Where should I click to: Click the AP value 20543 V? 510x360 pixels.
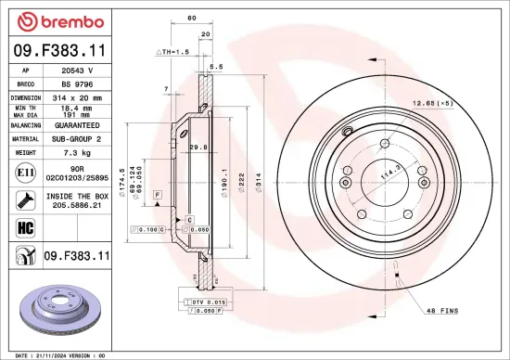tap(77, 70)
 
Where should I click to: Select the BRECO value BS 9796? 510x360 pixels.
tap(77, 83)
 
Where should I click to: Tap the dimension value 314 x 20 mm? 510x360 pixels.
tap(77, 96)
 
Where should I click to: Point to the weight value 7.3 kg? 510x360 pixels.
tap(77, 150)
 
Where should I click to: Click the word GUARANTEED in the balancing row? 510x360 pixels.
tap(78, 123)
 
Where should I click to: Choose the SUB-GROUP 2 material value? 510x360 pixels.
tap(77, 136)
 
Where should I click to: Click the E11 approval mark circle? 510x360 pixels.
tap(22, 172)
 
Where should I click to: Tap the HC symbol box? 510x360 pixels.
tap(22, 226)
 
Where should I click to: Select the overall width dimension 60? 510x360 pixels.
tap(191, 18)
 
